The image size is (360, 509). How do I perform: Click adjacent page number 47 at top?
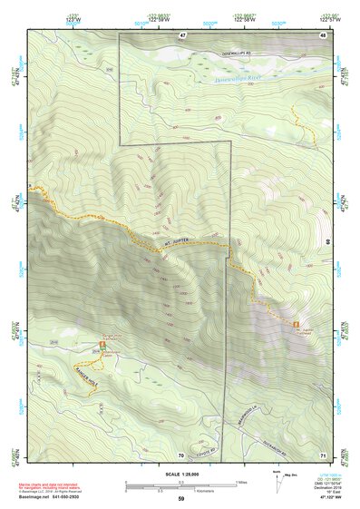tap(181, 34)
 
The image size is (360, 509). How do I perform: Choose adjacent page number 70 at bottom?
tap(180, 454)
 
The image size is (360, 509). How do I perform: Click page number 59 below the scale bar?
tap(180, 499)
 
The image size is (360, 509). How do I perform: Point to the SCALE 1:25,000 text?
tap(180, 474)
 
